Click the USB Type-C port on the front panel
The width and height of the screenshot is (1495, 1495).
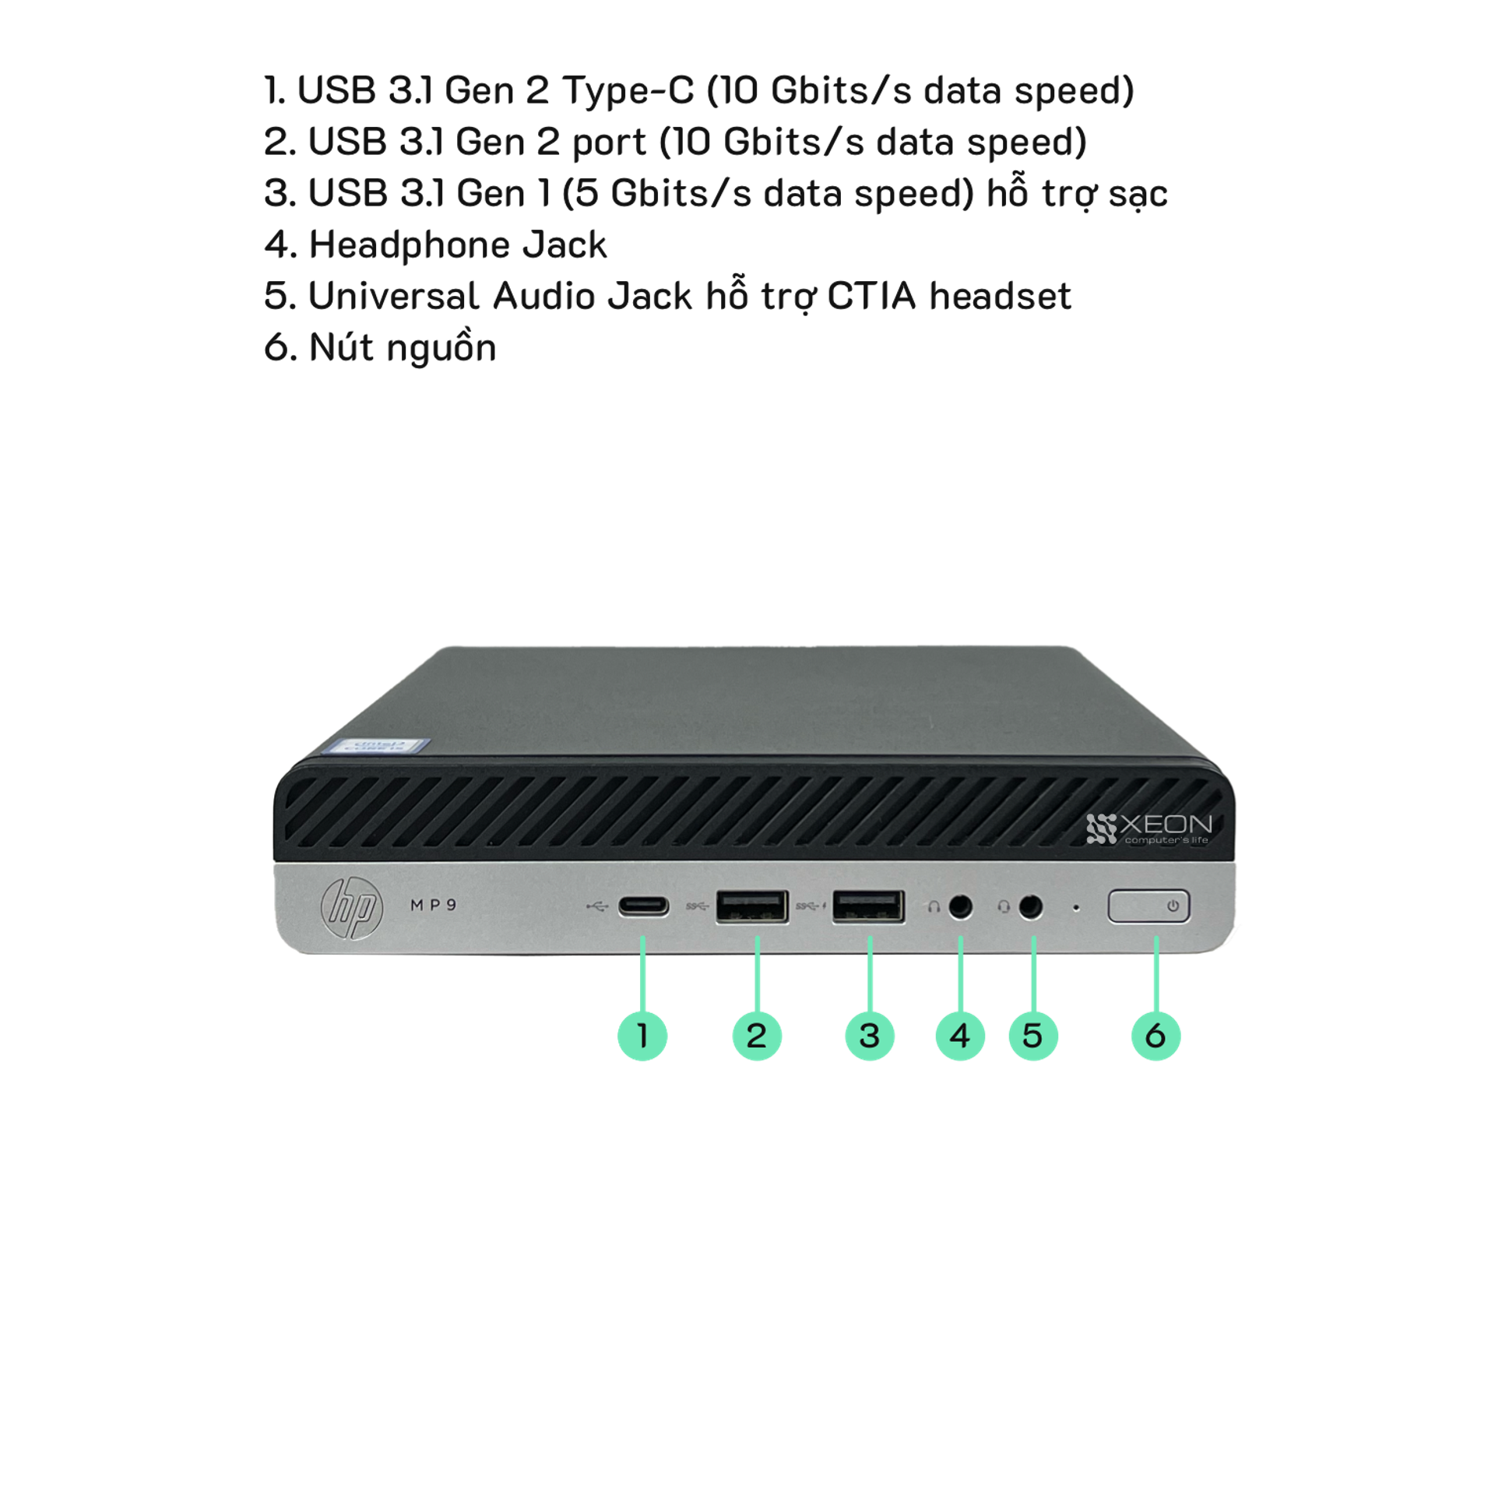pos(643,907)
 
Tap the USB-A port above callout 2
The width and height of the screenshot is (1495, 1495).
pos(752,906)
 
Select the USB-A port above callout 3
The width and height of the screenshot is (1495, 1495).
pos(868,906)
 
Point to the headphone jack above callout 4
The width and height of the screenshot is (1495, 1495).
pos(961,907)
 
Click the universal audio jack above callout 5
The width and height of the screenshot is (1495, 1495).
pos(1031,907)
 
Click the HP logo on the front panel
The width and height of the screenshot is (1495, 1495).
pos(352,908)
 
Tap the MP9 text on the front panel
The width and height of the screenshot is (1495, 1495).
pos(434,905)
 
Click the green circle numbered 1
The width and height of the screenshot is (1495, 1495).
pos(642,1036)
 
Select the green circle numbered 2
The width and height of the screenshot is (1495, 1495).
pos(757,1036)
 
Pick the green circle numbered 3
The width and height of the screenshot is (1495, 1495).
pos(870,1036)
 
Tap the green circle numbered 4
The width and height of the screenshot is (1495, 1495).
pos(960,1036)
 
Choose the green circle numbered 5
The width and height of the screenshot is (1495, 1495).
pos(1033,1036)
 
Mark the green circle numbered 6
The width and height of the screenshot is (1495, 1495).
pos(1156,1036)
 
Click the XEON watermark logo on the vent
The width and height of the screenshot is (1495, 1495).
pos(1149,828)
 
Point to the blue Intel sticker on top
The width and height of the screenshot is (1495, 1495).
pos(377,745)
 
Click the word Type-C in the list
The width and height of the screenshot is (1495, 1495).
pos(628,90)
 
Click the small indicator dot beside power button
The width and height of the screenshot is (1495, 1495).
pos(1076,908)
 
